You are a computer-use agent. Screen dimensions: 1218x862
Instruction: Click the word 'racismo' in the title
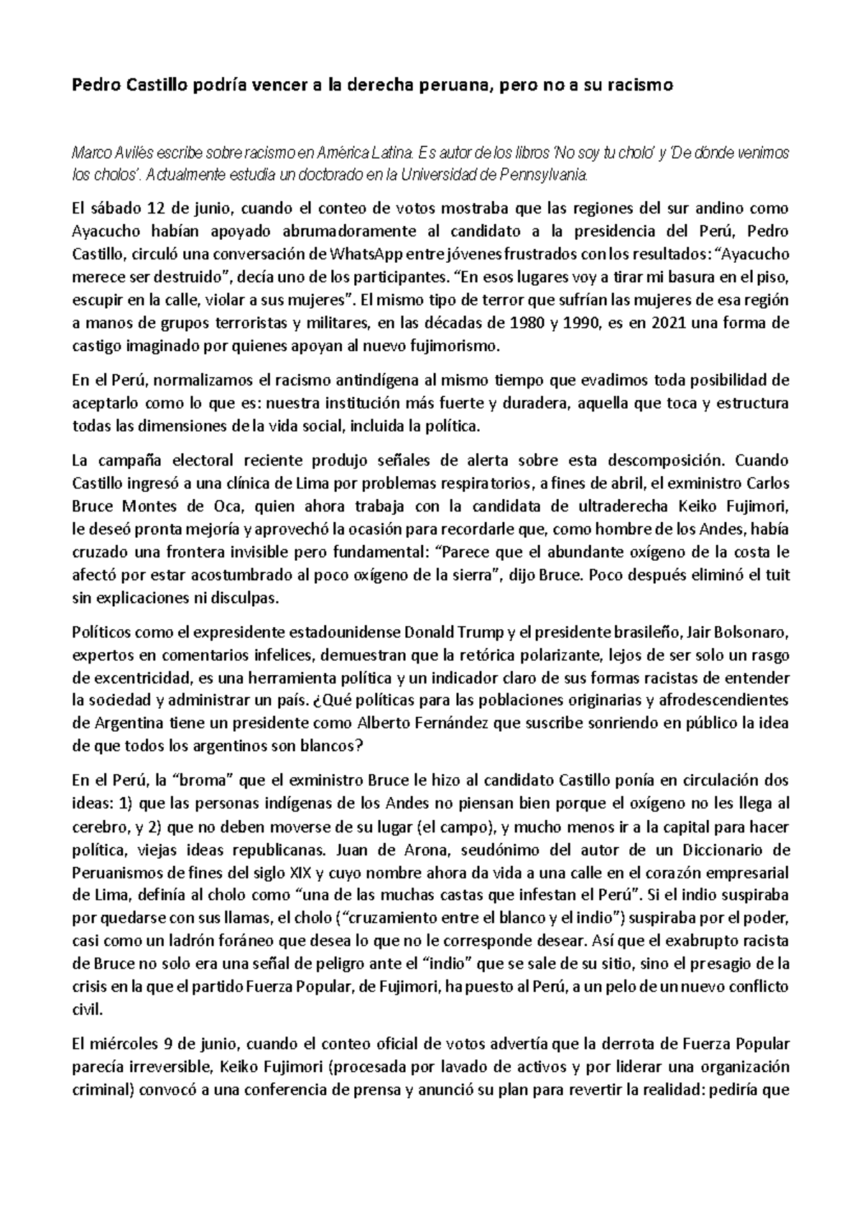(646, 86)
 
